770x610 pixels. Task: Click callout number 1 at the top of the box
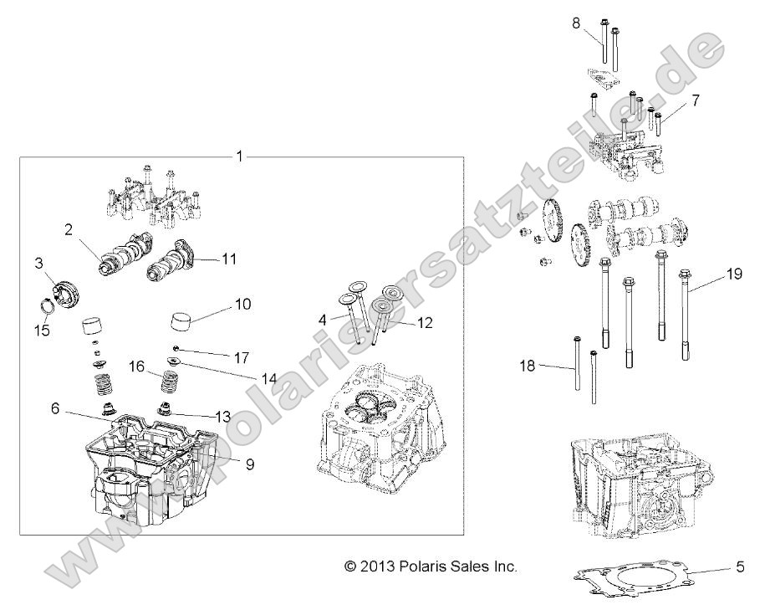[x=240, y=156]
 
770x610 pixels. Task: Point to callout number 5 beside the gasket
[x=739, y=567]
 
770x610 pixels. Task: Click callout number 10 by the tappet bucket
[x=242, y=305]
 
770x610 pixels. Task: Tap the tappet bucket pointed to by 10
[x=188, y=321]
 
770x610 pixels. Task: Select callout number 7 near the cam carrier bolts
[x=695, y=100]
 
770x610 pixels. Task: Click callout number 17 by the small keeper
[x=241, y=357]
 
